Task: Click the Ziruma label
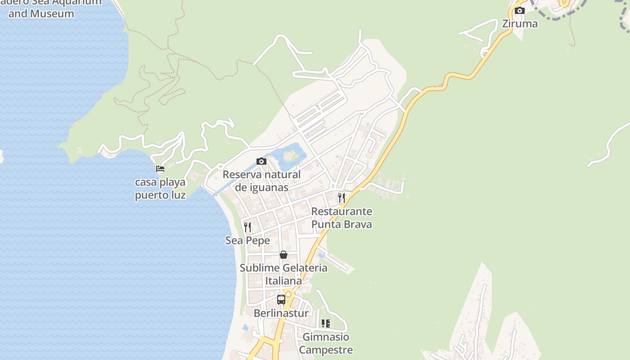520,23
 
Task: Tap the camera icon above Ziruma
520,10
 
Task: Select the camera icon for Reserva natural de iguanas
261,161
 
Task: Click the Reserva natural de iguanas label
261,180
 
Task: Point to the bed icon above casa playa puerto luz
160,169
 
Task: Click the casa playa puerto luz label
160,189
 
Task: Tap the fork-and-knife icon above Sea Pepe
247,227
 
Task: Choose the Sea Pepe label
247,240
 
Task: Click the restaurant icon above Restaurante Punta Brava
342,198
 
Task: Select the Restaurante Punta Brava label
342,217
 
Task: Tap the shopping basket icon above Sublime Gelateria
283,255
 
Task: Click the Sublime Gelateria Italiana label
283,274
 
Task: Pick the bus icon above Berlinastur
281,299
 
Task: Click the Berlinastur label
281,313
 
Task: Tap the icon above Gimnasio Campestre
326,323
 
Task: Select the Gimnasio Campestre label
326,343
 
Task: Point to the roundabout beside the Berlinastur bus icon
288,294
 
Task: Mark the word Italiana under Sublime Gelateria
283,281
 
